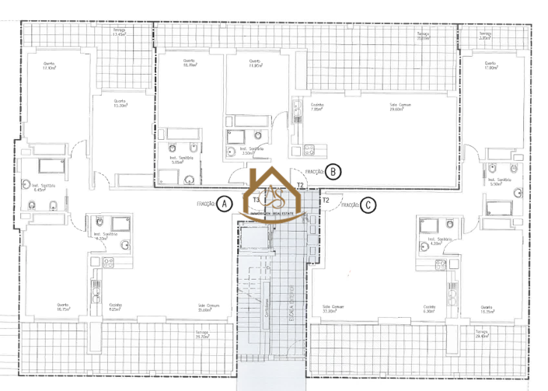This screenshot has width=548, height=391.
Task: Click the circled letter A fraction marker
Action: [224, 204]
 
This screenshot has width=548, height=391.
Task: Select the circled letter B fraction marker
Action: [332, 171]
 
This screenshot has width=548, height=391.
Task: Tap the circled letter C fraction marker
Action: [368, 206]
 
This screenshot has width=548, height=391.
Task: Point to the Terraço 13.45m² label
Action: [118, 33]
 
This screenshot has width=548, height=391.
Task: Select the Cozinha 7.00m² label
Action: [316, 107]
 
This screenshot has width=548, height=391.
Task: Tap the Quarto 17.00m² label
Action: [490, 67]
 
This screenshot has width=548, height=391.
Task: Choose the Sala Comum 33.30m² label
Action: [333, 308]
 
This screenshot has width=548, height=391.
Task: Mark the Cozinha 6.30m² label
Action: [428, 308]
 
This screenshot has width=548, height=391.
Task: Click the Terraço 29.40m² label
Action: [482, 334]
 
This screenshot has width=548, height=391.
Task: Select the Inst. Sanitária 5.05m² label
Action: [180, 159]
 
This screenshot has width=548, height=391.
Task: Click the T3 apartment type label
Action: [256, 200]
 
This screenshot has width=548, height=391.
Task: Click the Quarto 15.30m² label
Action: [119, 103]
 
